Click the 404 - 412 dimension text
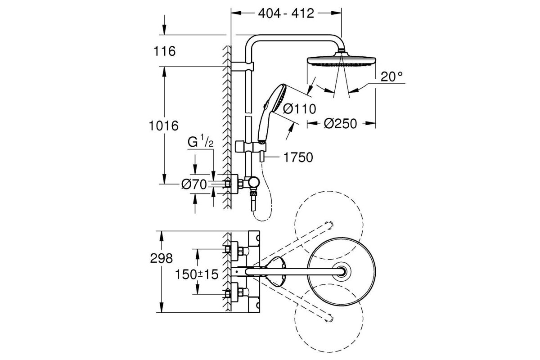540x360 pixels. click(286, 14)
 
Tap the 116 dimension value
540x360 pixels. click(162, 51)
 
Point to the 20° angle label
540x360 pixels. click(391, 76)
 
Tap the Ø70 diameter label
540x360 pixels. click(195, 184)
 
